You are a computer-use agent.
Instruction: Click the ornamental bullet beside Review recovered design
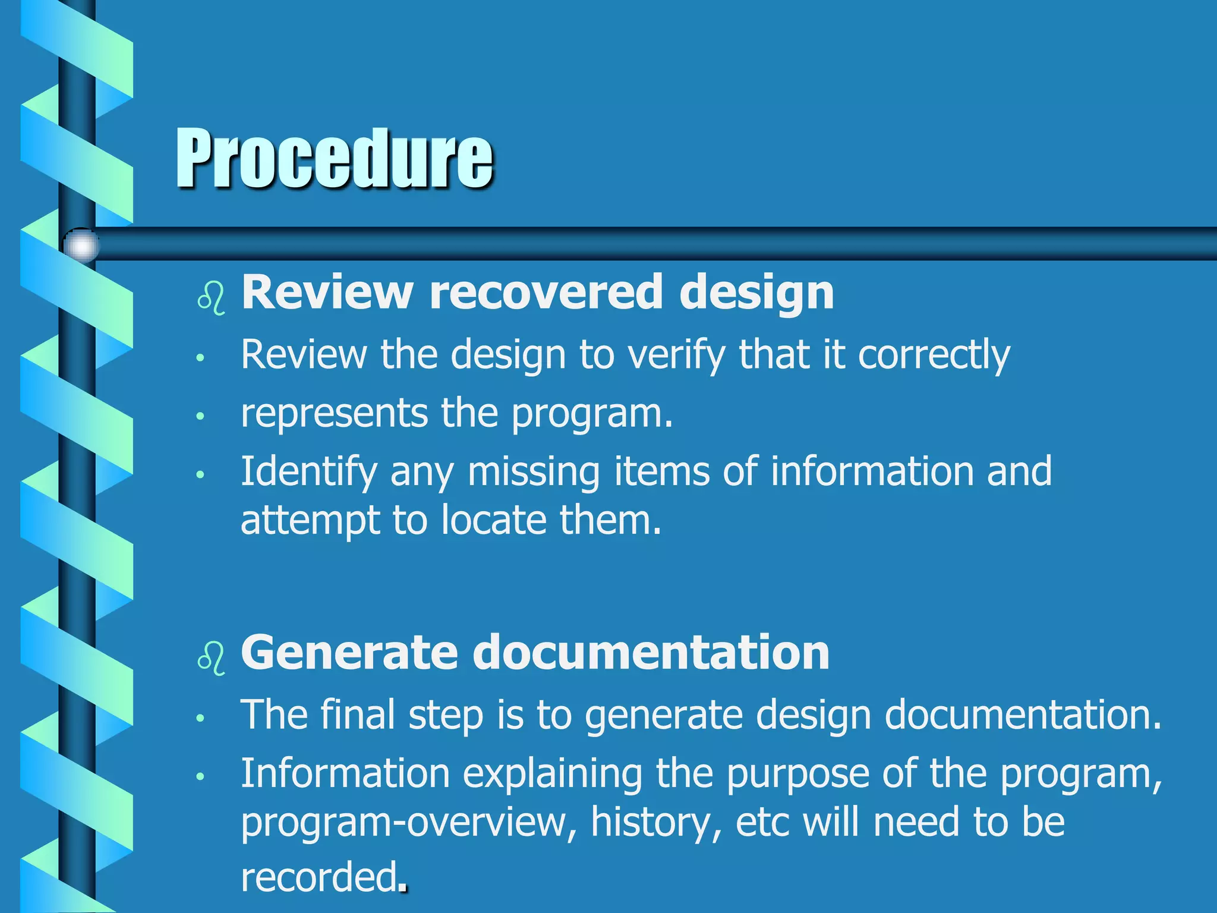pyautogui.click(x=211, y=298)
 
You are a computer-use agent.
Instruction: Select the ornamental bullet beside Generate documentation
pyautogui.click(x=211, y=659)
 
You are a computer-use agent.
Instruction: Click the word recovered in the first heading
pyautogui.click(x=546, y=292)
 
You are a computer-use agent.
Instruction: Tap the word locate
pyautogui.click(x=494, y=520)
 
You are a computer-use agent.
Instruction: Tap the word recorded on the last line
pyautogui.click(x=319, y=877)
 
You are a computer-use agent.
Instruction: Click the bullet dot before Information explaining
pyautogui.click(x=201, y=776)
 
